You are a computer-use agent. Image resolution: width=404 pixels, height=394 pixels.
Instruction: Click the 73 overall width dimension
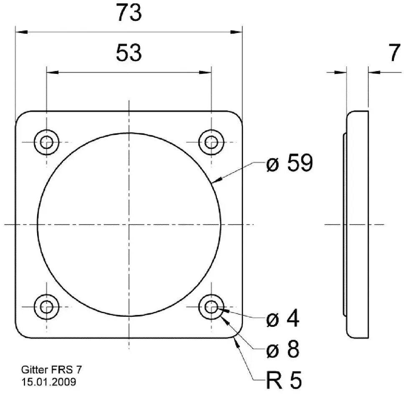pos(129,13)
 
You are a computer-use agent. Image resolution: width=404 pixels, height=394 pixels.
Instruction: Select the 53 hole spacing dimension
pos(129,53)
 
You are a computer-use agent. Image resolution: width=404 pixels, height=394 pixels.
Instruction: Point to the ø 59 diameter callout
pos(289,163)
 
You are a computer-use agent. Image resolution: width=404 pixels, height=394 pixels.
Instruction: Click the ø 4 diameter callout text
pos(283,318)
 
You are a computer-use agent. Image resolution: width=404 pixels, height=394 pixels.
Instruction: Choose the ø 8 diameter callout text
pos(283,349)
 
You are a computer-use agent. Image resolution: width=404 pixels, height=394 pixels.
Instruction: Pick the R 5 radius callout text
pos(284,380)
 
